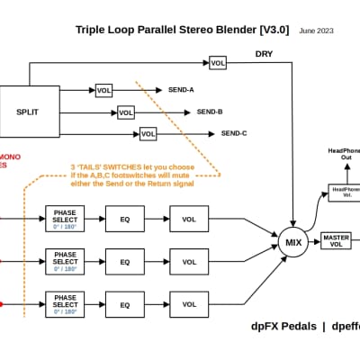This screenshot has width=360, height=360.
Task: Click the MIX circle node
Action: [x=293, y=243]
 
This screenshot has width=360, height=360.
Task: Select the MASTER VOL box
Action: [x=336, y=242]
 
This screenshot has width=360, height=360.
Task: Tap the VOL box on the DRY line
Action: [x=218, y=63]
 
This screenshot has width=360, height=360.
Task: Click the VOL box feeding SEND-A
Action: [x=104, y=91]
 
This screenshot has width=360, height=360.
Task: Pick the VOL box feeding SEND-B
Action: [x=125, y=112]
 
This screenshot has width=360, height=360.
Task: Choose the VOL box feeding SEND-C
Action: [x=148, y=134]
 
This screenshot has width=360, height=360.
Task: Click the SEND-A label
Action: [x=182, y=91]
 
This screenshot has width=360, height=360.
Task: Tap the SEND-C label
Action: [x=234, y=134]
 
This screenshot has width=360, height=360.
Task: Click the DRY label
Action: [x=263, y=53]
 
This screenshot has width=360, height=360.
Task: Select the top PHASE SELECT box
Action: [x=66, y=219]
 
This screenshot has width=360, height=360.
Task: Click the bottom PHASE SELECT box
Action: [x=66, y=304]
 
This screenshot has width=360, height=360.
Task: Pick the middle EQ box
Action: [x=125, y=262]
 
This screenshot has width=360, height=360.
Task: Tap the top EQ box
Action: [x=125, y=219]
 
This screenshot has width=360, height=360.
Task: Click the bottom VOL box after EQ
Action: [x=189, y=304]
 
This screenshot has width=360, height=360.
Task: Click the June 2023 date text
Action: [x=317, y=31]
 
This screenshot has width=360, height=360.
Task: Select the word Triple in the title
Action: [x=94, y=31]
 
